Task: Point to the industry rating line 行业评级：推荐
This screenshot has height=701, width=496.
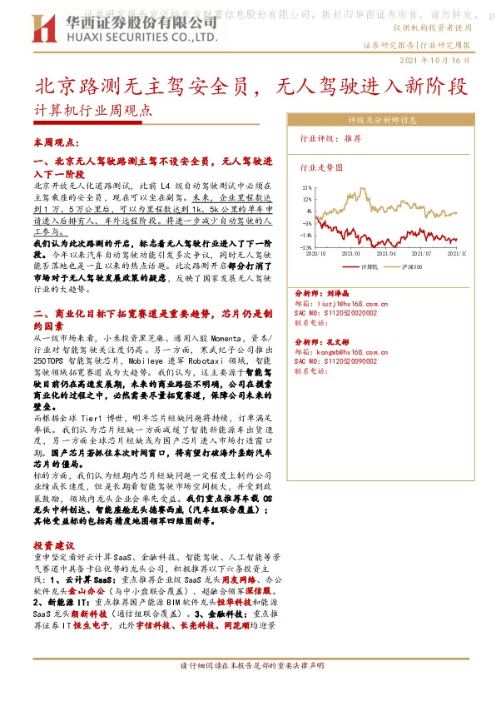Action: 330,138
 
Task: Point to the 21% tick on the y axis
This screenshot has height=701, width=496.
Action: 307,188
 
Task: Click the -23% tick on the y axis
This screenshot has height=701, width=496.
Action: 306,247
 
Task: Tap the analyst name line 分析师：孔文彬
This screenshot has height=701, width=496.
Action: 323,342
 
